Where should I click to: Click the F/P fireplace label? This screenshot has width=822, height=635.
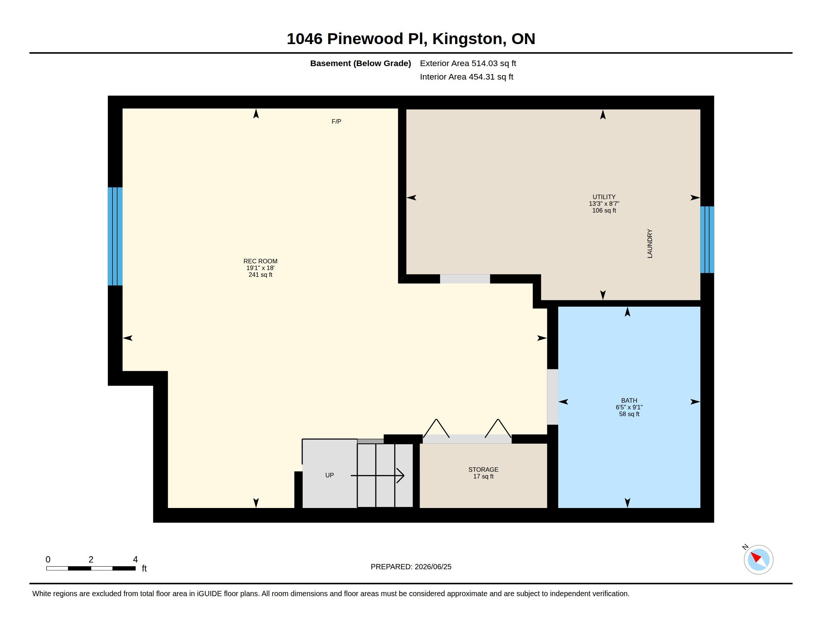coord(336,121)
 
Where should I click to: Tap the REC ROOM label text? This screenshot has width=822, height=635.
coord(260,261)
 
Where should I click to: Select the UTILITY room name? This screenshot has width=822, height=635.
coord(604,197)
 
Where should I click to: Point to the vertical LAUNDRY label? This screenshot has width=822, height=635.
coord(650,244)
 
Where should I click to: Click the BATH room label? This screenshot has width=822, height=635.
coord(629,400)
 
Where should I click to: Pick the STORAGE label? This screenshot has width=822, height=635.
coord(483,470)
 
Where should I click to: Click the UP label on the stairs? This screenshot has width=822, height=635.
coord(329,475)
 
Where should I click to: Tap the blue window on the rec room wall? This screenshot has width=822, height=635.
coord(115,236)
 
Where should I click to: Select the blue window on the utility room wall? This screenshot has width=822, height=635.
coord(707,239)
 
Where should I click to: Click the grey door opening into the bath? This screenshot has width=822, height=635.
coord(552,397)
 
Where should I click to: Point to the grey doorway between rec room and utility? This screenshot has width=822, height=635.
coord(465,279)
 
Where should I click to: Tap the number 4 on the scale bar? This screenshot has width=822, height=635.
coord(135,560)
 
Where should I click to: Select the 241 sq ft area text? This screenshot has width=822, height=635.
coord(260,275)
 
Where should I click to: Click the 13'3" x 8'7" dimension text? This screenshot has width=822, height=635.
coord(604,204)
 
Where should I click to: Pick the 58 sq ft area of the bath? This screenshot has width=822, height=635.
coord(629,414)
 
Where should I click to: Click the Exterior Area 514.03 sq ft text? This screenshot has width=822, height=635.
coord(468,63)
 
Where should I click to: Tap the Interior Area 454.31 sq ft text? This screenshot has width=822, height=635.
coord(466,77)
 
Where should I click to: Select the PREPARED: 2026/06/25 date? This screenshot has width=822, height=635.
coord(411,567)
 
